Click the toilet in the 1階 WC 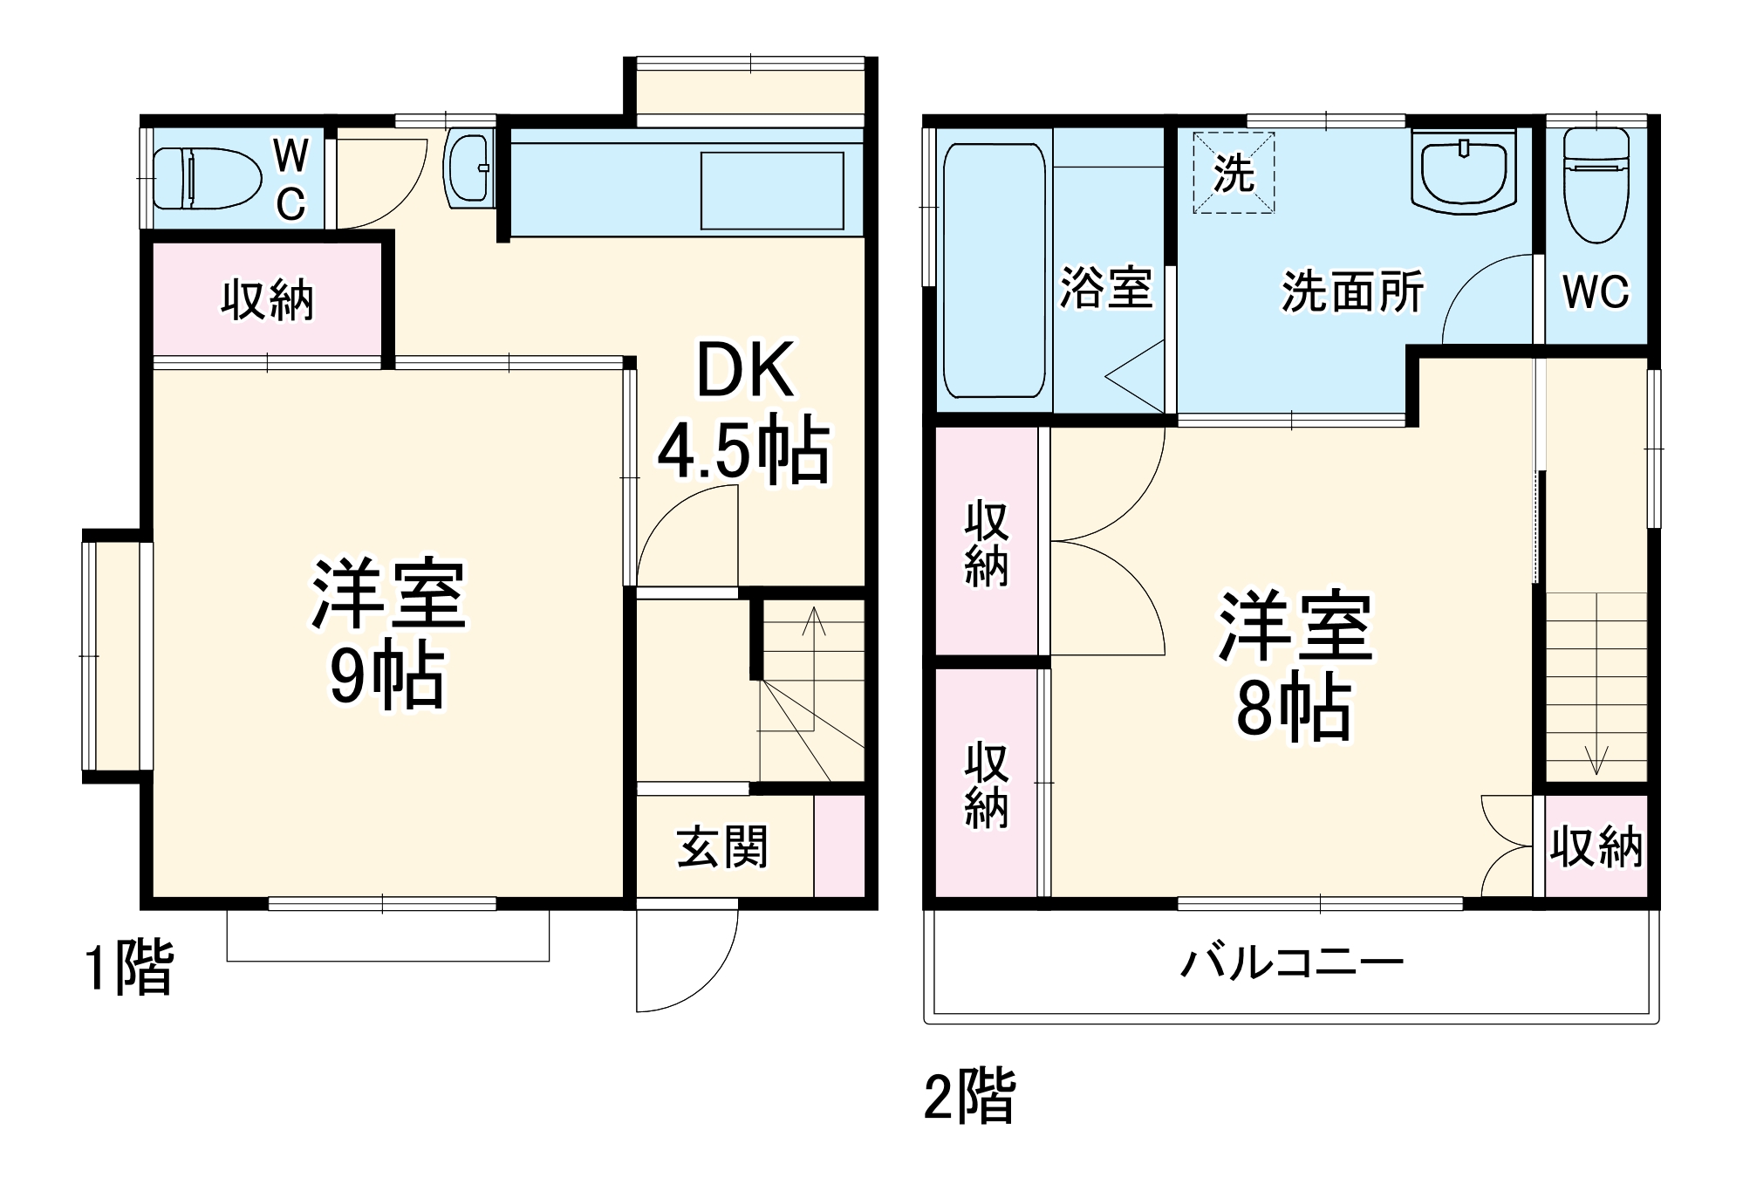[208, 179]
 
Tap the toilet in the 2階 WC [1596, 185]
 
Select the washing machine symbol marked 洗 [1234, 173]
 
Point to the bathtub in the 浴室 [995, 271]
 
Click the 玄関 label [722, 846]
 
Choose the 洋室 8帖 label [1295, 665]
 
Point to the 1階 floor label [129, 967]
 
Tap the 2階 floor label [970, 1096]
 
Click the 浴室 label [1106, 288]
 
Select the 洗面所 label [1352, 291]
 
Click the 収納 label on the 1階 [267, 300]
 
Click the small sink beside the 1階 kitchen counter [468, 170]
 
